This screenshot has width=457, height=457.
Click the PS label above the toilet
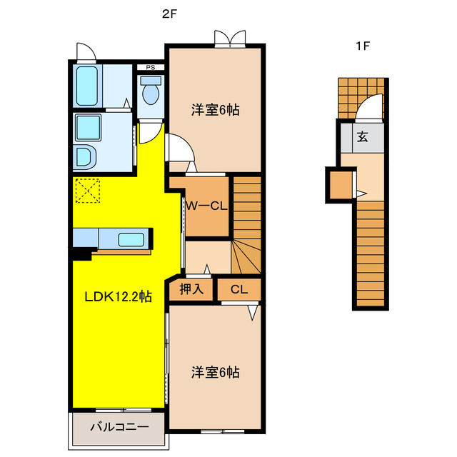[x=150, y=68]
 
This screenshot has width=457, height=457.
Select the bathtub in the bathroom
[x=86, y=86]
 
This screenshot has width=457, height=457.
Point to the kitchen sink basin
[x=130, y=238]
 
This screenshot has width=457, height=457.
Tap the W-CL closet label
[x=206, y=206]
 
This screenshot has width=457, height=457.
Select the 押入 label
[x=191, y=290]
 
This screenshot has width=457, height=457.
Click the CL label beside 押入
[x=239, y=290]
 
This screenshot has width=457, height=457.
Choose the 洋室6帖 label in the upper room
[x=215, y=110]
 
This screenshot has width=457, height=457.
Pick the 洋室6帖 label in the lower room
[x=215, y=372]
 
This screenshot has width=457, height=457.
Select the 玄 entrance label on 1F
[x=362, y=137]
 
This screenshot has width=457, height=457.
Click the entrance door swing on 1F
[x=369, y=109]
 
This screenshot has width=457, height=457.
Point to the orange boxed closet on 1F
[x=341, y=185]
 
